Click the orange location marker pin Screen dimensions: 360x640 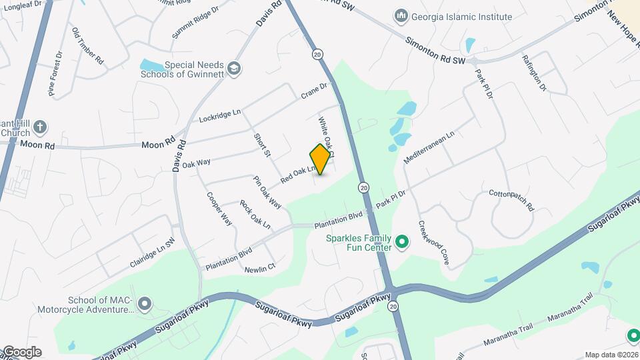tap(321, 159)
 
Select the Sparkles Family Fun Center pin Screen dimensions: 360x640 tap(401, 242)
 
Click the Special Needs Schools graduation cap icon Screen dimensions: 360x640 tap(234, 67)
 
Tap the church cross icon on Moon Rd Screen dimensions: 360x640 tap(40, 127)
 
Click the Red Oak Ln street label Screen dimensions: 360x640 tap(297, 175)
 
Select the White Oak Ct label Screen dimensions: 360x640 tap(326, 137)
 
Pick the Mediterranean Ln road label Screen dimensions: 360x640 tap(429, 147)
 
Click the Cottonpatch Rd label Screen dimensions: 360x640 tap(512, 199)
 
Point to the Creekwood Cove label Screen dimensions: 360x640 tap(433, 243)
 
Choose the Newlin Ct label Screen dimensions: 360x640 tap(260, 268)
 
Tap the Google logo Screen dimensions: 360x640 tap(22, 352)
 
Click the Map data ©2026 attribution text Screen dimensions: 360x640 tap(611, 355)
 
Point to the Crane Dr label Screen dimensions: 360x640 tap(315, 89)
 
